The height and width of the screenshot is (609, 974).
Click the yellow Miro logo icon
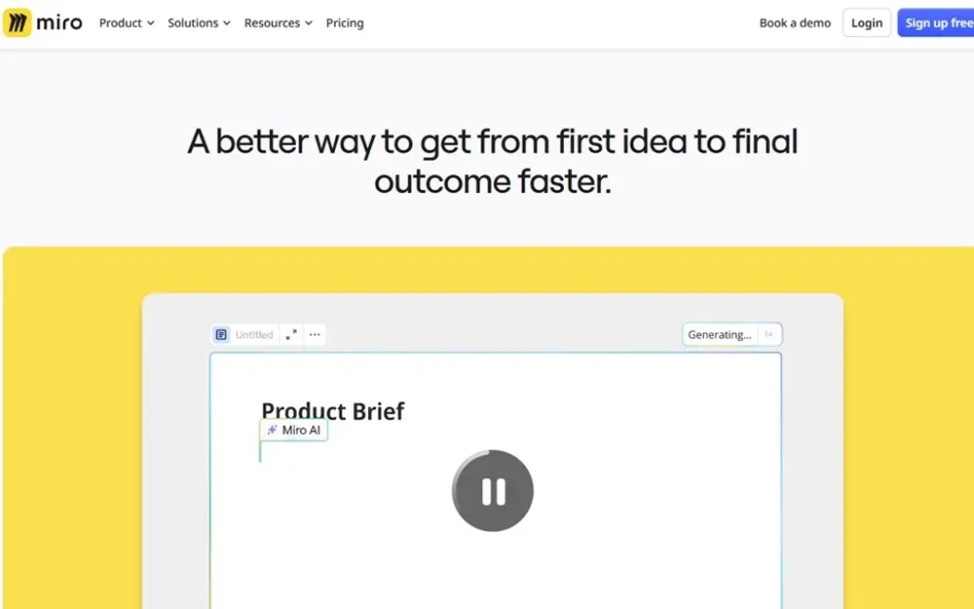click(x=17, y=23)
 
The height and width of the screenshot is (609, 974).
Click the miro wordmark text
click(x=59, y=23)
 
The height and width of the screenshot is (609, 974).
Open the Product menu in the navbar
click(x=127, y=23)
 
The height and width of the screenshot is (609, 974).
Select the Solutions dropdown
click(x=199, y=23)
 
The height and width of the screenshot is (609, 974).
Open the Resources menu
click(x=278, y=23)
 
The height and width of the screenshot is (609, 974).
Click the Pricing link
click(x=344, y=23)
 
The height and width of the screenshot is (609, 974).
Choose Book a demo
click(x=795, y=23)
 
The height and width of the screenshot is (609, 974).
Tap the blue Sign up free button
click(x=936, y=23)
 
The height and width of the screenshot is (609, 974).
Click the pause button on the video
click(x=493, y=490)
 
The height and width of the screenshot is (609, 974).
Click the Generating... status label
click(x=719, y=334)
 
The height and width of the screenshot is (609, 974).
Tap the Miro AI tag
click(x=293, y=430)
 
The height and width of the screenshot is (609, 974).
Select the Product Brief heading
click(x=333, y=410)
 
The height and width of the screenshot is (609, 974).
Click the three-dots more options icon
click(x=315, y=334)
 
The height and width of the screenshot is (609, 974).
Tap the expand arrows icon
click(x=291, y=334)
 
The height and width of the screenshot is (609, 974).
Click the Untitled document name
click(x=254, y=334)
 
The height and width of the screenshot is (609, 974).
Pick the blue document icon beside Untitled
click(x=221, y=334)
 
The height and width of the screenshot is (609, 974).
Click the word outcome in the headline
click(x=442, y=182)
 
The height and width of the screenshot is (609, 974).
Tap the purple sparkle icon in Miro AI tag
click(x=272, y=429)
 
